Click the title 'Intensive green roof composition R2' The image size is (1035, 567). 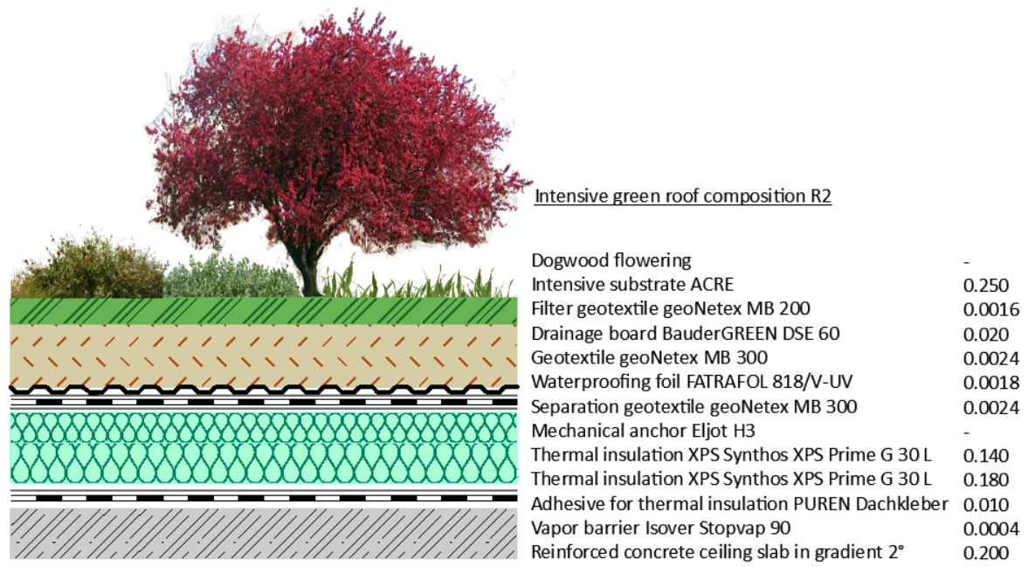tap(682, 196)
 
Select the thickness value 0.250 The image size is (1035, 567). tap(985, 285)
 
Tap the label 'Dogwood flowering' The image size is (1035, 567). tap(611, 260)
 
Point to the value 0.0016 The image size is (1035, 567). tap(990, 309)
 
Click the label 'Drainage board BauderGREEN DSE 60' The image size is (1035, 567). tap(685, 334)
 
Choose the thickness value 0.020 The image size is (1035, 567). tap(985, 334)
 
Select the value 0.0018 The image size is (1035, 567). tap(990, 383)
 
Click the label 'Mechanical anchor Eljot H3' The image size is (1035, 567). tap(643, 431)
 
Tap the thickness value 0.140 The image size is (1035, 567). tap(985, 455)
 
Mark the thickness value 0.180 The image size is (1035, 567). tap(985, 480)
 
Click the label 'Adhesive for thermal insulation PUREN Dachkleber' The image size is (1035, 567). tap(739, 503)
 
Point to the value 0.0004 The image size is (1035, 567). tap(990, 529)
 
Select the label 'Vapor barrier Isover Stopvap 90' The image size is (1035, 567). tap(660, 528)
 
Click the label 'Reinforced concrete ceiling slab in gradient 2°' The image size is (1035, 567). tap(717, 552)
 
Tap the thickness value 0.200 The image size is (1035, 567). tap(985, 553)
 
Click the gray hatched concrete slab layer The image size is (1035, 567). tap(264, 533)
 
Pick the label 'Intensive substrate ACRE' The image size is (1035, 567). tap(632, 285)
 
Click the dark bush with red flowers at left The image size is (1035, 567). tap(89, 267)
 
